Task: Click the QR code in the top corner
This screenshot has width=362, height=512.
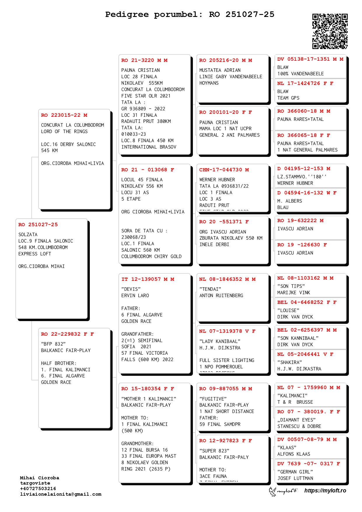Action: click(x=330, y=31)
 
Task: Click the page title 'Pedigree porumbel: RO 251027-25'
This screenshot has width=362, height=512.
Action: click(x=190, y=14)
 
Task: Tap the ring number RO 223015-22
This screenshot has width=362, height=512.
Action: click(x=61, y=115)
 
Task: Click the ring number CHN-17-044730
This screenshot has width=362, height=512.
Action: click(x=221, y=170)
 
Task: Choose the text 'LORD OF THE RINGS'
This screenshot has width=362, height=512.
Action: click(x=64, y=132)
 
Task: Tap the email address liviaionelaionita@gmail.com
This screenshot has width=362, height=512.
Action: click(x=61, y=494)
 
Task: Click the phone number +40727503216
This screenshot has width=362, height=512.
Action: click(x=38, y=489)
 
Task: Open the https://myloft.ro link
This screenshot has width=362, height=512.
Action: click(x=325, y=491)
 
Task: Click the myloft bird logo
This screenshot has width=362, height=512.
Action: click(x=273, y=491)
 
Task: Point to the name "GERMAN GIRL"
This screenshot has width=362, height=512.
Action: click(x=295, y=472)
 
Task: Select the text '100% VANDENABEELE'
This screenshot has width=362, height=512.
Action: click(x=300, y=74)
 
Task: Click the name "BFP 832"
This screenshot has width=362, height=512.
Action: click(x=53, y=344)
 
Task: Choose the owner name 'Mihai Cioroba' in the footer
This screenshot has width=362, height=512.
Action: click(x=39, y=478)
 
